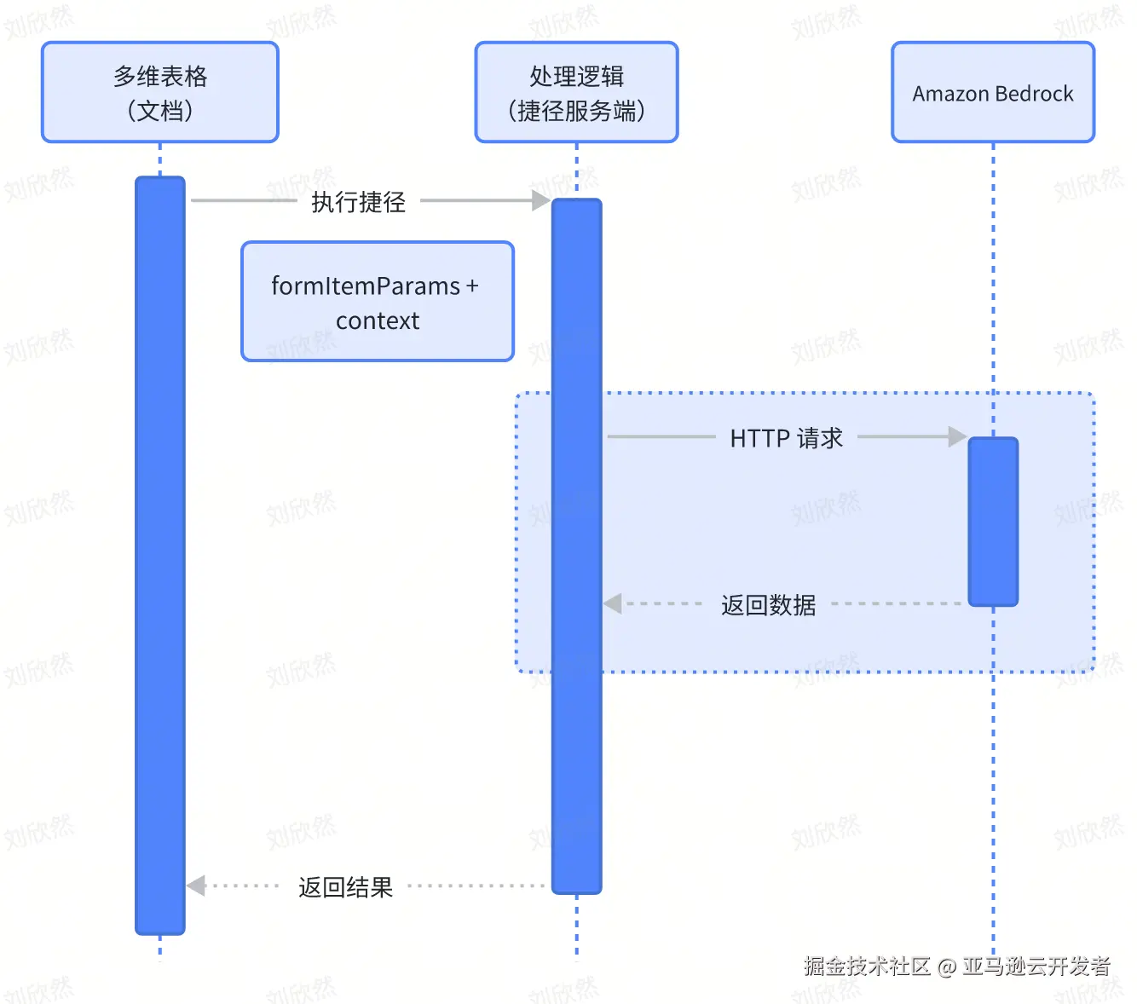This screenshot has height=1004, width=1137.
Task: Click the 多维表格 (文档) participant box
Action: (x=160, y=92)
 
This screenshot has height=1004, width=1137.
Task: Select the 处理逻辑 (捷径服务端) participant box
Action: (x=576, y=92)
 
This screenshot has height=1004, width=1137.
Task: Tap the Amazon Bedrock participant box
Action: (x=993, y=92)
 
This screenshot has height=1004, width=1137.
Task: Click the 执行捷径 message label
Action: (x=358, y=202)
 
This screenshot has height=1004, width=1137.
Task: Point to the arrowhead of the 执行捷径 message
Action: (x=541, y=200)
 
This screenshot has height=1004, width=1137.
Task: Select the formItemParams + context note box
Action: (x=378, y=302)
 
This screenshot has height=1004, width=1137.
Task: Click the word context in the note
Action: (x=378, y=321)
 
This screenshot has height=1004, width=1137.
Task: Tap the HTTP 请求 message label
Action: (x=786, y=438)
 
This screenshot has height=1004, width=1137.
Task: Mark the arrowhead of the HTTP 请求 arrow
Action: (x=958, y=437)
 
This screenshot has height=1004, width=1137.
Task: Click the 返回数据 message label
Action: (x=768, y=605)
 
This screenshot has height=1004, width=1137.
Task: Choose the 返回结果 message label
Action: (x=345, y=887)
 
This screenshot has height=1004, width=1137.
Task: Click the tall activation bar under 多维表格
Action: (x=160, y=554)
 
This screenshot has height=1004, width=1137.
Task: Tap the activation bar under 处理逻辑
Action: (x=576, y=545)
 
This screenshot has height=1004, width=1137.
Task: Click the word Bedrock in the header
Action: (x=1035, y=94)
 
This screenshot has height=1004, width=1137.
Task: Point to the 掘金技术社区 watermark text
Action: (x=867, y=966)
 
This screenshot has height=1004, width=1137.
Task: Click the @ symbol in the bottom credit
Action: (x=946, y=966)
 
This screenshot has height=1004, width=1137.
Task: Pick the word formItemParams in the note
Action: (x=366, y=286)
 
